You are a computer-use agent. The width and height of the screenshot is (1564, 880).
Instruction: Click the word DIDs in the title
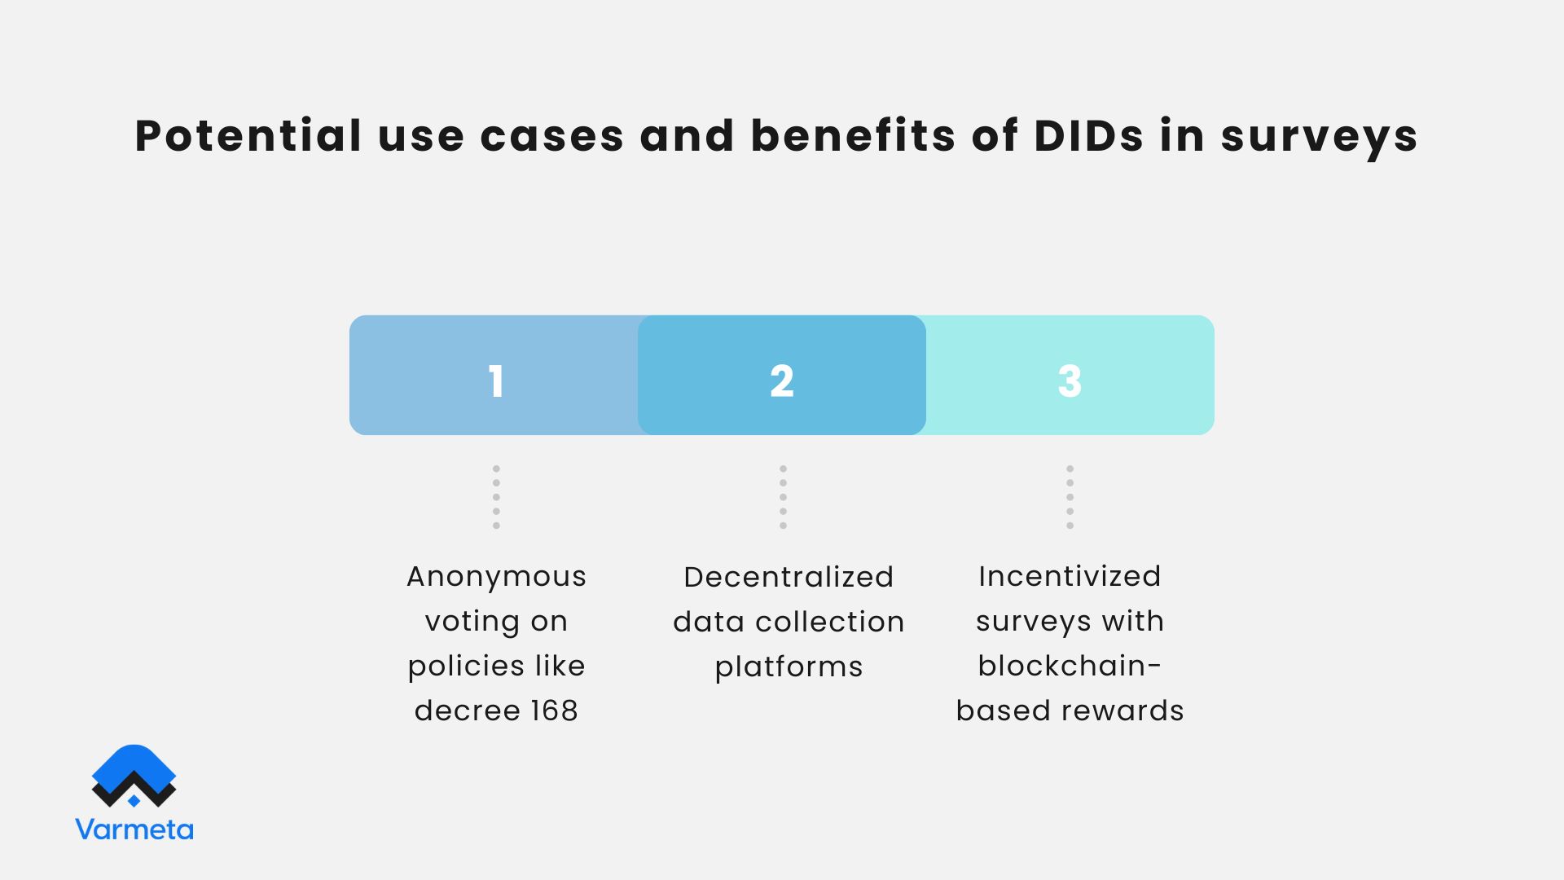[x=1089, y=135]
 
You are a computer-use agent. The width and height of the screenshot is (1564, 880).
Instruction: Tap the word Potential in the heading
[x=248, y=135]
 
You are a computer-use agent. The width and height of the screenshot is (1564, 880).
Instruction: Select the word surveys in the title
[x=1319, y=137]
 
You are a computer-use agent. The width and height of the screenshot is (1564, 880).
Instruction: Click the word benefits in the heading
[x=853, y=135]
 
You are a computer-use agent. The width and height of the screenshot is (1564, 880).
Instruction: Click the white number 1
[x=496, y=381]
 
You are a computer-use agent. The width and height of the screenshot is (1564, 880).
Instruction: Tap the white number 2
[x=782, y=381]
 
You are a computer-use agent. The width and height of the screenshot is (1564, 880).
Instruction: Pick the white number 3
[x=1070, y=381]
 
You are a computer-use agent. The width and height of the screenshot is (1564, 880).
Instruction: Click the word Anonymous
[x=496, y=577]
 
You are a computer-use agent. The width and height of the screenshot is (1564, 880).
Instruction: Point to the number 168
[x=554, y=711]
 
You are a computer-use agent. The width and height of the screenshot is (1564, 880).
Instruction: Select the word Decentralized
[x=789, y=577]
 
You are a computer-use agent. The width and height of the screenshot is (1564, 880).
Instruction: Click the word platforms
[x=789, y=667]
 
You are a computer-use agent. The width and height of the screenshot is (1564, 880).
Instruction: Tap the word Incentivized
[x=1070, y=576]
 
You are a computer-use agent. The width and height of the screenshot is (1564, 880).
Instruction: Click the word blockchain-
[x=1070, y=666]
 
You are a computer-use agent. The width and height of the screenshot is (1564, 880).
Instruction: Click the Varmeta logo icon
[x=134, y=776]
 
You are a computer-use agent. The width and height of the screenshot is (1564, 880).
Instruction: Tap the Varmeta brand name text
[x=134, y=829]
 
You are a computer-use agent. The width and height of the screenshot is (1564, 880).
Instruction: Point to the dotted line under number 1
[x=496, y=497]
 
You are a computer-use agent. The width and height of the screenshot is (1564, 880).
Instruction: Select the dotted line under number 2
[x=783, y=497]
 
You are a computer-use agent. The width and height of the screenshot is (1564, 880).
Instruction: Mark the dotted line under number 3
[x=1070, y=497]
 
